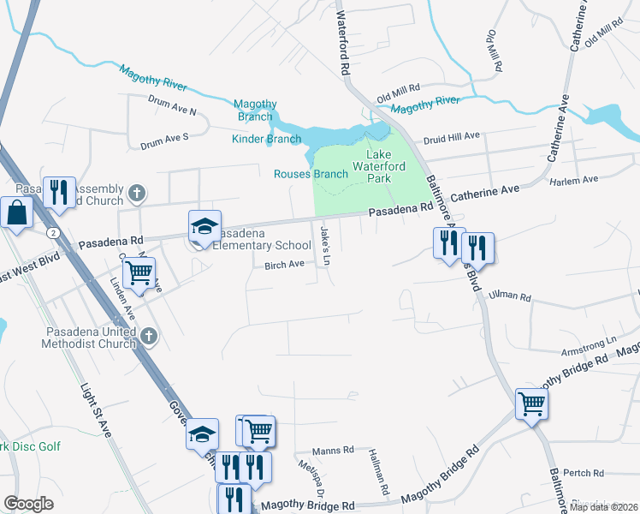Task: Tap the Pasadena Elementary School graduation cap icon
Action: click(x=205, y=226)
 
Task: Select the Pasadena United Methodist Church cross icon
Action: click(x=149, y=335)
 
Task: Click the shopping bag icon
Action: click(x=17, y=212)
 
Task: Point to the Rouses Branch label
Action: click(x=311, y=174)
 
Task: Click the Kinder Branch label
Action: click(x=266, y=139)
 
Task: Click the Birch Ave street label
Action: click(x=285, y=265)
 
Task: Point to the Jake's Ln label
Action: click(x=324, y=244)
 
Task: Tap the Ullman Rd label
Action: click(x=509, y=298)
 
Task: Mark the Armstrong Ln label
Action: click(x=588, y=342)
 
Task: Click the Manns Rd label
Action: click(x=333, y=450)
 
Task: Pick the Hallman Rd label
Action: click(x=379, y=473)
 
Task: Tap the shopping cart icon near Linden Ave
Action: click(x=139, y=272)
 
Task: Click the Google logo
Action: click(x=28, y=504)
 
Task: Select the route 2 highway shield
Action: click(x=54, y=232)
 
